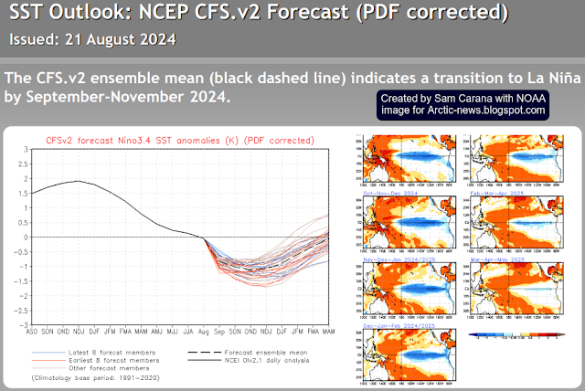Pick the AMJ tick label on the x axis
pos(160,331)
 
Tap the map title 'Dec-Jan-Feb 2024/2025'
pos(399,324)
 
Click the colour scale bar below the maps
pos(517,336)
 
